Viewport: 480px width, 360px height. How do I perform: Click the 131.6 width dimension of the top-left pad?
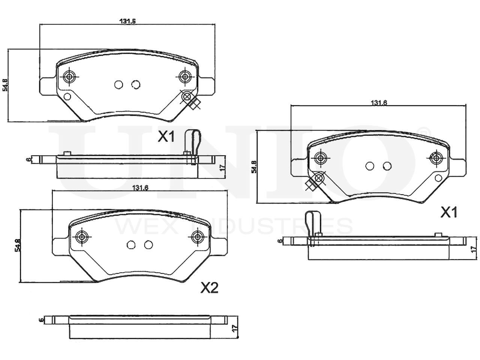coord(127,21)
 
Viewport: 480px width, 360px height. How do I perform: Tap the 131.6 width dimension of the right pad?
coord(379,103)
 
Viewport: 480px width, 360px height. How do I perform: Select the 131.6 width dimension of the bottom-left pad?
coord(139,188)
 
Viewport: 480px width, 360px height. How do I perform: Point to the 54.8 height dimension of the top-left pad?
coord(5,85)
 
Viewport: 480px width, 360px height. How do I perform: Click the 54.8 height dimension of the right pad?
coord(254,166)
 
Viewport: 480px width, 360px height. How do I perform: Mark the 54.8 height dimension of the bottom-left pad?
coord(17,245)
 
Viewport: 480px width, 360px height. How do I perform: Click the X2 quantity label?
coord(209,288)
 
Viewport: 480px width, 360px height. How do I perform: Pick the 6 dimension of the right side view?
coord(279,241)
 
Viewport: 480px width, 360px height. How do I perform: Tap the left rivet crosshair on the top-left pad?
coord(69,77)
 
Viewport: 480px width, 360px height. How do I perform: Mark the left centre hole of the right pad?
coord(370,166)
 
